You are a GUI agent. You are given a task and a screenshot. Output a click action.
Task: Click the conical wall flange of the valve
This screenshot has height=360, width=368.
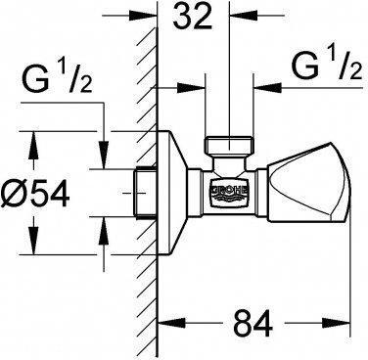tap(177, 178)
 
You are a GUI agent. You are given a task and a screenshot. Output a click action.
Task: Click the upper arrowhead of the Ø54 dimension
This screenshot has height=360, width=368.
tap(36, 137)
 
